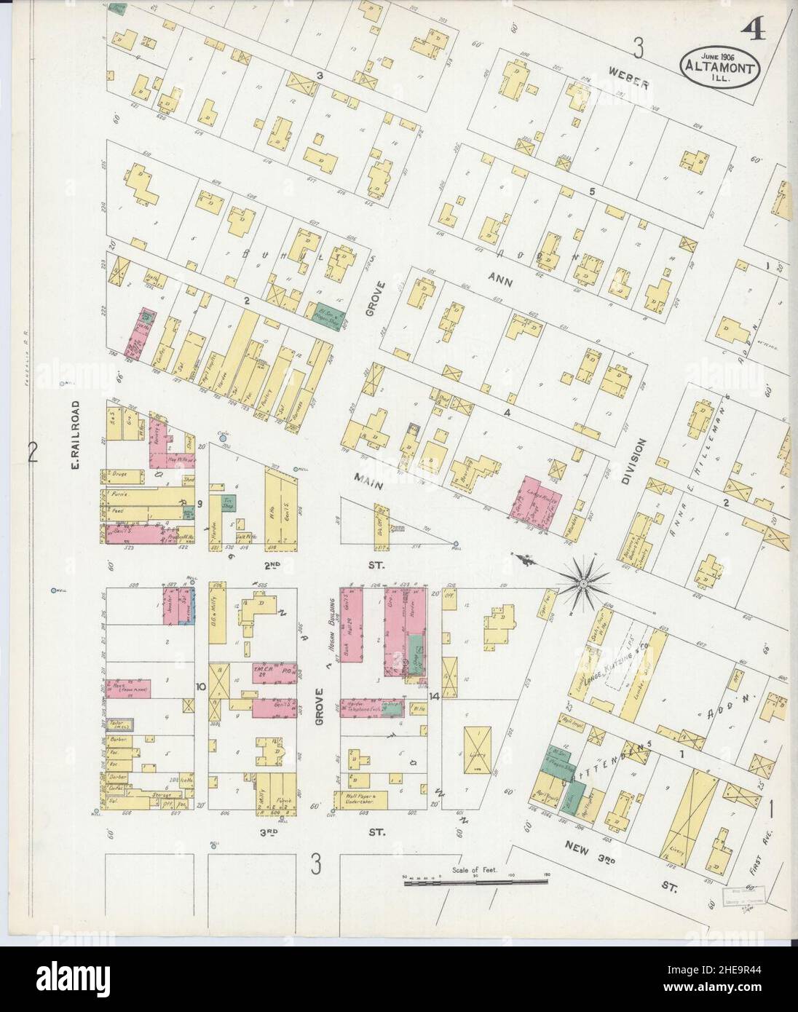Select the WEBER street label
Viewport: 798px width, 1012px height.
pos(630,84)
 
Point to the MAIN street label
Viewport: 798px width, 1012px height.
pos(370,477)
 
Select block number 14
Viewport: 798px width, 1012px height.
pos(433,697)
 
